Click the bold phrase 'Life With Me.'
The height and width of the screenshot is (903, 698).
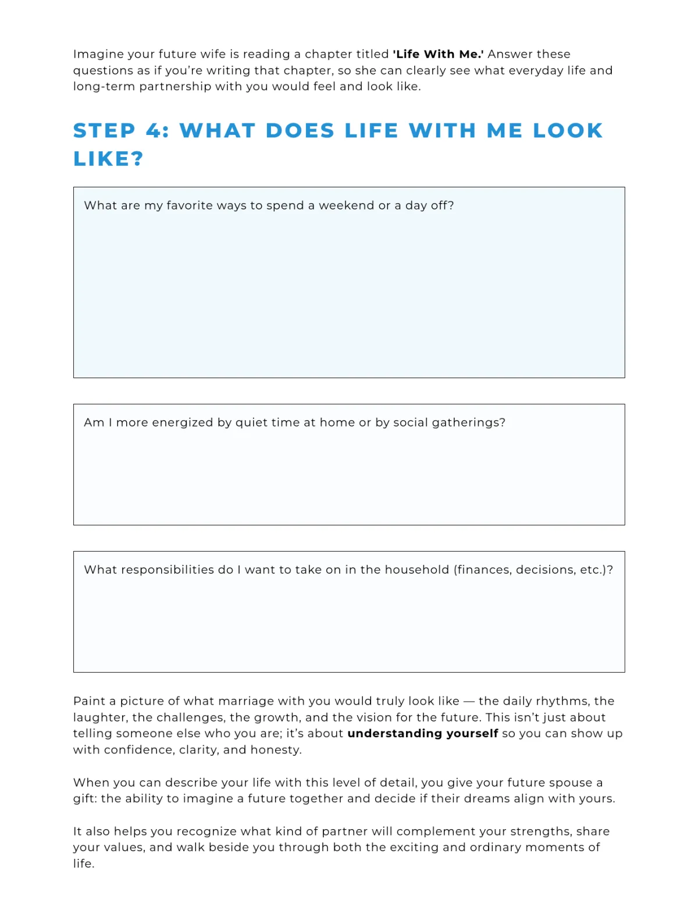click(x=438, y=54)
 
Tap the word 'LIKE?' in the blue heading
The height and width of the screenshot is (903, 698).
click(x=108, y=158)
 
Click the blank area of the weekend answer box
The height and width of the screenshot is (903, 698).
click(x=349, y=297)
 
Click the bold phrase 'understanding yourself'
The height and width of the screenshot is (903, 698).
click(x=422, y=733)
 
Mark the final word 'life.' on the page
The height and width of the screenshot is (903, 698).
click(x=84, y=863)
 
